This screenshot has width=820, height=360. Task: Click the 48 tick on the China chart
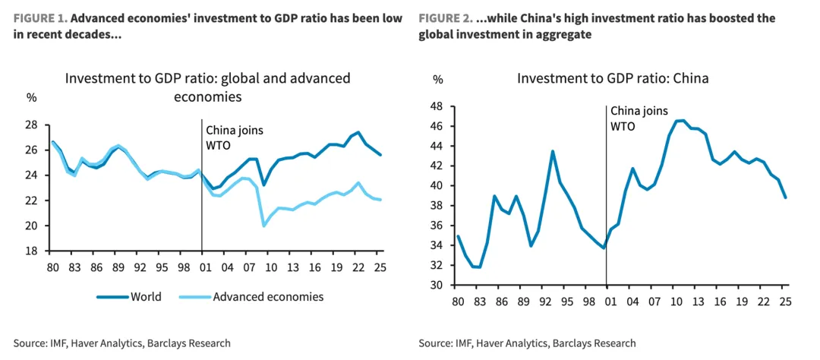coord(437,106)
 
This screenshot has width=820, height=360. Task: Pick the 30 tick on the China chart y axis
coord(437,286)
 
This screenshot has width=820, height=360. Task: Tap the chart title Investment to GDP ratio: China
coord(613,78)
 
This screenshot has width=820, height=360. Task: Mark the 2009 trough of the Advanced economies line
coord(263,226)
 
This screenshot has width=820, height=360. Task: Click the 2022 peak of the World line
coord(358,132)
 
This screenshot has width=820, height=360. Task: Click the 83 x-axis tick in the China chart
coord(480,301)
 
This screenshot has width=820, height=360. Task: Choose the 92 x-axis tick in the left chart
coord(140,267)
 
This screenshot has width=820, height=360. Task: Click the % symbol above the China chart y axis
coord(437,78)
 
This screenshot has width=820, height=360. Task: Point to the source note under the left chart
coord(121,343)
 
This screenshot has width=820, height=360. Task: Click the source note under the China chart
coord(527,343)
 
